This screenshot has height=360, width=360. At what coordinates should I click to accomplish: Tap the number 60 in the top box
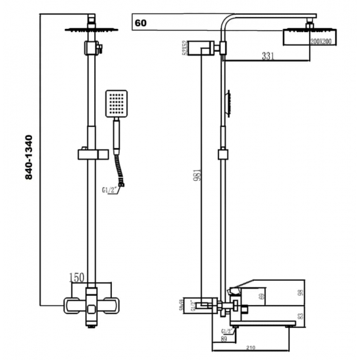click(140, 23)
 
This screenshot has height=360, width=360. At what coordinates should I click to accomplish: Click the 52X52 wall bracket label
click(186, 48)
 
